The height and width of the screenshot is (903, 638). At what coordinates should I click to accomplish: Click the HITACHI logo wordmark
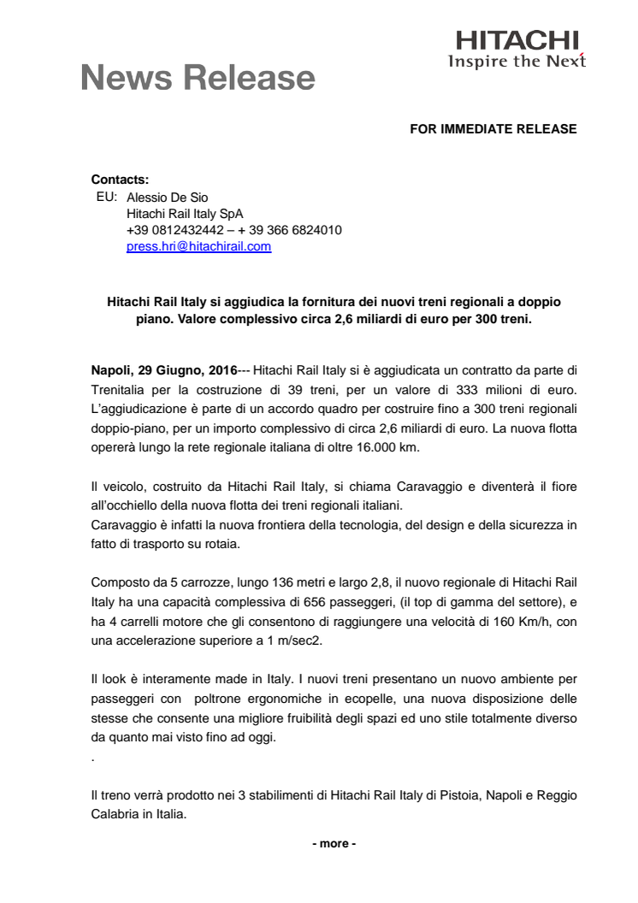tap(517, 40)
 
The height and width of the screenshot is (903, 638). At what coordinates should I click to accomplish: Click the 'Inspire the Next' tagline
tap(517, 61)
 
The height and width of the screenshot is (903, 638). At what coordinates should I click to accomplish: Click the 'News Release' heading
tap(198, 78)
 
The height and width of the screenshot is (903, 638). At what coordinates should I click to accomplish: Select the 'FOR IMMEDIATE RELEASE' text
tap(493, 129)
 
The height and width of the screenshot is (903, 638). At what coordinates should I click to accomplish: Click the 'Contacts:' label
tap(120, 180)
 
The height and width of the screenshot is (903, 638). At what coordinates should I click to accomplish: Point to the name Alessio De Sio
tap(167, 197)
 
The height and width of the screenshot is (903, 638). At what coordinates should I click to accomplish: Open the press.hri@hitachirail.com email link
tap(198, 246)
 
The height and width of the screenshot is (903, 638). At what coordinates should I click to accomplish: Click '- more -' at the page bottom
tap(334, 843)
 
